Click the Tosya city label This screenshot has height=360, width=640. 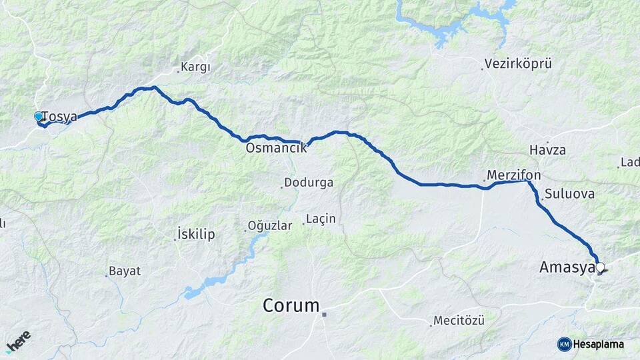coord(59,117)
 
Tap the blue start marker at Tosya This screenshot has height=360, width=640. coord(39,117)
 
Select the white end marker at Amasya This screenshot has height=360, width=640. coord(600,268)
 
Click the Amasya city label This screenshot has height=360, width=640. coord(567,268)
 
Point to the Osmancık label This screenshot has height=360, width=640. coord(276,148)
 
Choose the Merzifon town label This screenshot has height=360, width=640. coord(513,175)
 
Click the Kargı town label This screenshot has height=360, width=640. coord(196,67)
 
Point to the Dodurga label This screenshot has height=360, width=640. coord(309,182)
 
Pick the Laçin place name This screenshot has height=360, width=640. coord(321,219)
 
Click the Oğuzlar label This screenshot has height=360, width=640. coord(270,226)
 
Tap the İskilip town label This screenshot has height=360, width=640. coord(196,234)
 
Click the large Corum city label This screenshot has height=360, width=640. coord(291,306)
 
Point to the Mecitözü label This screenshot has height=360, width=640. coord(459,321)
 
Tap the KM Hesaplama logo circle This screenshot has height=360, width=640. coord(564,344)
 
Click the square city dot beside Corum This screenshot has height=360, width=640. coord(324,314)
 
